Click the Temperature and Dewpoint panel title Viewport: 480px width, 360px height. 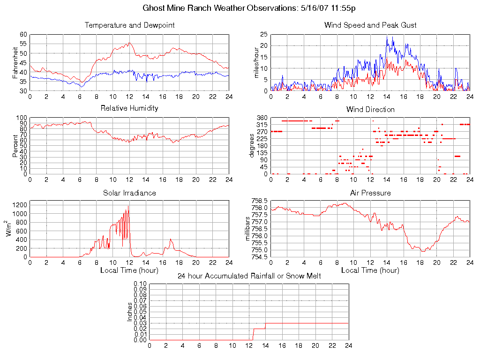129,25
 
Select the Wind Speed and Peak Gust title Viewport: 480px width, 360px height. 370,25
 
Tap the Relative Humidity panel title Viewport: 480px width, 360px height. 129,108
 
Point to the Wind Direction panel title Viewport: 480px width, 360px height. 370,110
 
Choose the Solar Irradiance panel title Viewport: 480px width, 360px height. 129,193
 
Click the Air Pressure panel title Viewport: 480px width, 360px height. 370,193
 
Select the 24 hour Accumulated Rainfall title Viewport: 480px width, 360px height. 249,276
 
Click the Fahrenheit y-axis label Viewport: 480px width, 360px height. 15,62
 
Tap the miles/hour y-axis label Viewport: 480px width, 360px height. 256,62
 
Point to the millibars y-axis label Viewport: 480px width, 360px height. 248,229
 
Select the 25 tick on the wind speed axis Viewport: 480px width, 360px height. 263,35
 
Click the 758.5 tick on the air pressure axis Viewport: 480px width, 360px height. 259,201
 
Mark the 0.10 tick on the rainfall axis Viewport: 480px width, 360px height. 140,284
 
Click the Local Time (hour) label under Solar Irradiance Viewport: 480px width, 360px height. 129,270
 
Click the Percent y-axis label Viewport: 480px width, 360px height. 15,146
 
